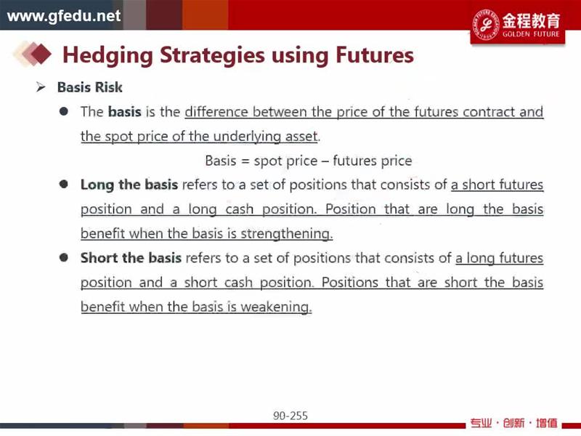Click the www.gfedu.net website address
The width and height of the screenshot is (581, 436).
point(64,16)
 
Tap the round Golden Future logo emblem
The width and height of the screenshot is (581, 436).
point(486,25)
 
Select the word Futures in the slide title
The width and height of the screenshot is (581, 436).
point(375,55)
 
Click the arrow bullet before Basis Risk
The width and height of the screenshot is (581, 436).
point(41,87)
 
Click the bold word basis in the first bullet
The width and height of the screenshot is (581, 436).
point(125,112)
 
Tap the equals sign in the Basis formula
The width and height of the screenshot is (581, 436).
point(245,161)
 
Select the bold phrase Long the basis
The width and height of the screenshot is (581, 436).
point(129,185)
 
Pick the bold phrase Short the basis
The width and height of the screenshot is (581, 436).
point(131,258)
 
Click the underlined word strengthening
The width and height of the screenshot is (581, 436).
point(286,234)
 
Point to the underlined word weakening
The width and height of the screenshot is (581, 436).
point(276,307)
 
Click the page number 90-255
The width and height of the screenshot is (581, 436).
point(290,416)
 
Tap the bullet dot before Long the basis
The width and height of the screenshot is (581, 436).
point(64,185)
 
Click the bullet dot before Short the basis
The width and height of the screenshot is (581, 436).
point(64,257)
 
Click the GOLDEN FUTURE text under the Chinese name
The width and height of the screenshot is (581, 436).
point(531,34)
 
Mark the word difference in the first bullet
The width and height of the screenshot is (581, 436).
point(216,112)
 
